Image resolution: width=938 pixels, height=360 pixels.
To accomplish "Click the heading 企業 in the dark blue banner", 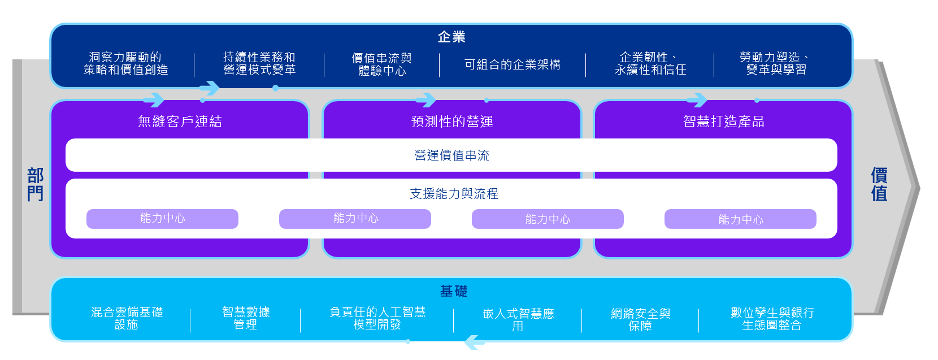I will tap(451, 37).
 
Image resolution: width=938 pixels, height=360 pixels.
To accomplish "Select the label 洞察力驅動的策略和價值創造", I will tap(125, 63).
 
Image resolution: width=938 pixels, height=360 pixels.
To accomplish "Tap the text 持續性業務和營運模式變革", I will tap(259, 63).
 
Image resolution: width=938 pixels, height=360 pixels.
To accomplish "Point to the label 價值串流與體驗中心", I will tap(382, 64).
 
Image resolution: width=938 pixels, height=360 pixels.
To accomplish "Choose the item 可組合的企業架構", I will tap(513, 64).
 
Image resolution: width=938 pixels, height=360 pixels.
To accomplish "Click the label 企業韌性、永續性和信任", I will tap(650, 63).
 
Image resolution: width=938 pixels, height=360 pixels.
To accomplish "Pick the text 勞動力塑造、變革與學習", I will tap(776, 63).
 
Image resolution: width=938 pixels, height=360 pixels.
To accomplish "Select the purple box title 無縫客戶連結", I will tap(180, 122).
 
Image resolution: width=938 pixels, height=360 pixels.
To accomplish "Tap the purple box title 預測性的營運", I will tap(452, 122).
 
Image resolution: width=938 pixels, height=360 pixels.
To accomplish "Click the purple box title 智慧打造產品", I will tap(723, 122).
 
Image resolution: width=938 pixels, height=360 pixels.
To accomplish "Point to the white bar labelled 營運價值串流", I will tap(451, 155).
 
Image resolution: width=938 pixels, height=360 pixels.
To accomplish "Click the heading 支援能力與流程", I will tap(454, 194).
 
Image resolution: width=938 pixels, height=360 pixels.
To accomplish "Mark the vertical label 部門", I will tap(35, 184).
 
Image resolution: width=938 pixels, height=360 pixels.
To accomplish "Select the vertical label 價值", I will tap(879, 184).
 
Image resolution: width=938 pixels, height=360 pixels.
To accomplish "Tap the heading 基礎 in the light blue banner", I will tap(454, 291).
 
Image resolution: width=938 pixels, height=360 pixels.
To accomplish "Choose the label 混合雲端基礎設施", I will tap(127, 318).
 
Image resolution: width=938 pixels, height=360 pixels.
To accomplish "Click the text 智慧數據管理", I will tap(246, 318).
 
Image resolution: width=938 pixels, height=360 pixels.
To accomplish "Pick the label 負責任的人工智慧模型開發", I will tap(377, 318).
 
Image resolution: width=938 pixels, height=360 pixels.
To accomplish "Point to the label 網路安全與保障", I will tap(640, 319).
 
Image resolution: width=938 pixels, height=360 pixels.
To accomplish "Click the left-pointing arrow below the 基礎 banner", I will tap(475, 342).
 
